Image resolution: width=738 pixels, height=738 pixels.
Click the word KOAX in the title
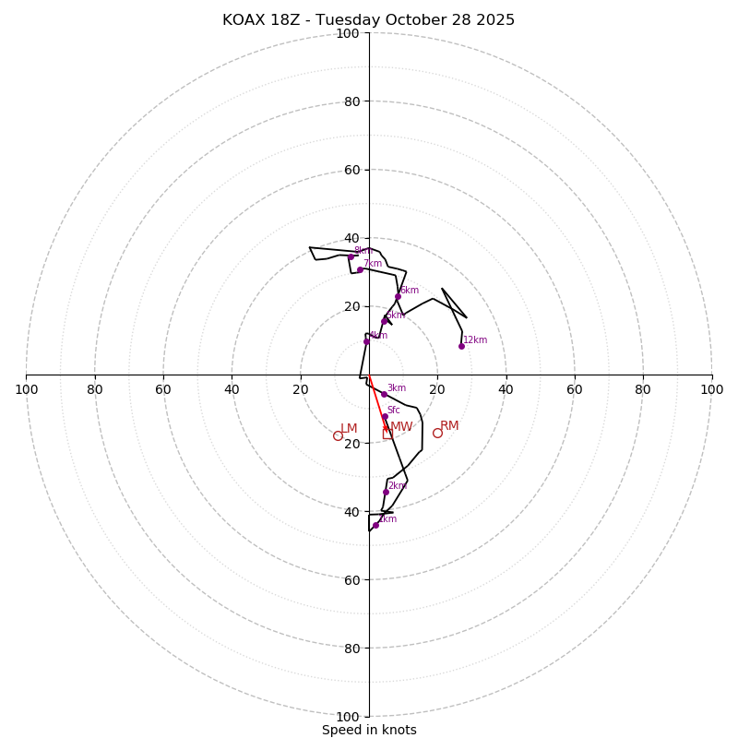click(x=243, y=20)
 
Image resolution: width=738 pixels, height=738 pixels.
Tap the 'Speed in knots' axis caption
click(x=369, y=730)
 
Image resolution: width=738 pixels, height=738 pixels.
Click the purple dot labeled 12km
click(x=461, y=346)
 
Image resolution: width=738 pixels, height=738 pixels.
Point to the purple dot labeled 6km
click(x=398, y=297)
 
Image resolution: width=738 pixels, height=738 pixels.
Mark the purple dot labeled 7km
click(x=360, y=270)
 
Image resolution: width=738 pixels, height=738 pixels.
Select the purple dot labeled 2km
click(x=386, y=492)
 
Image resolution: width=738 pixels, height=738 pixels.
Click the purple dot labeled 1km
click(x=375, y=525)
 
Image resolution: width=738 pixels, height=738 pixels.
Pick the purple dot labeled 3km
click(x=384, y=395)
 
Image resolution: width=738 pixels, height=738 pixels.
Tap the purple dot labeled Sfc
click(x=385, y=416)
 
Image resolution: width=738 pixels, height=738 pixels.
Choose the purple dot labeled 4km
click(x=366, y=341)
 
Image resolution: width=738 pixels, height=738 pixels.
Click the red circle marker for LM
click(x=338, y=435)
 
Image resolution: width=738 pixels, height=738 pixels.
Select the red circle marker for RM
click(x=437, y=433)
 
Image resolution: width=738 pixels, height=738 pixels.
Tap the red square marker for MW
click(x=387, y=434)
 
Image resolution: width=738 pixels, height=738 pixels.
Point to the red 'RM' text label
click(x=449, y=426)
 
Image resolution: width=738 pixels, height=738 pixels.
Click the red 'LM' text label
click(x=349, y=429)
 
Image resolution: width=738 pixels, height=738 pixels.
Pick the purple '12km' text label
click(x=475, y=340)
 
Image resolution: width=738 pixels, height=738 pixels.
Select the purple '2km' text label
click(x=397, y=486)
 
